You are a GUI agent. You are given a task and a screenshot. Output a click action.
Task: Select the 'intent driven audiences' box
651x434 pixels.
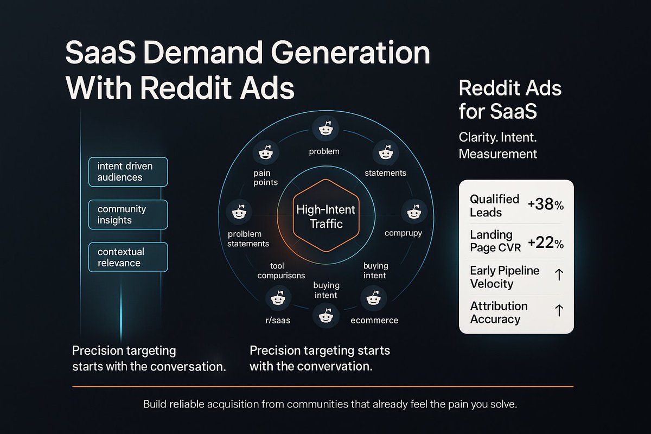tap(127, 171)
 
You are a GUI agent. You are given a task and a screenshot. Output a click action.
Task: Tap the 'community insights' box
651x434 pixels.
tap(127, 214)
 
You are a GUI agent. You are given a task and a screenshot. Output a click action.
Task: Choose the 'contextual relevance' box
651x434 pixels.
tap(127, 257)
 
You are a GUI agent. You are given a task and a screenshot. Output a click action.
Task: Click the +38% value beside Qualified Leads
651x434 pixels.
tap(546, 205)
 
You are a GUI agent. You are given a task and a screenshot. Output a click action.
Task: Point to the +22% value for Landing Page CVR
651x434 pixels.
tap(546, 243)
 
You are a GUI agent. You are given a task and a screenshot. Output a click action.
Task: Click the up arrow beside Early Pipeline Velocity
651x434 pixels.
tap(560, 276)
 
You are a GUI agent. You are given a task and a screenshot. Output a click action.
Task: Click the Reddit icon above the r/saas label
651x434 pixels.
tap(276, 299)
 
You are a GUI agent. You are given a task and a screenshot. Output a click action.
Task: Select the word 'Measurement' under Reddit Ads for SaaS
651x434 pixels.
tap(498, 154)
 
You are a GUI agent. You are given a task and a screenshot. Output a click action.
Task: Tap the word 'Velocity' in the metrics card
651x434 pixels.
tap(492, 283)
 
